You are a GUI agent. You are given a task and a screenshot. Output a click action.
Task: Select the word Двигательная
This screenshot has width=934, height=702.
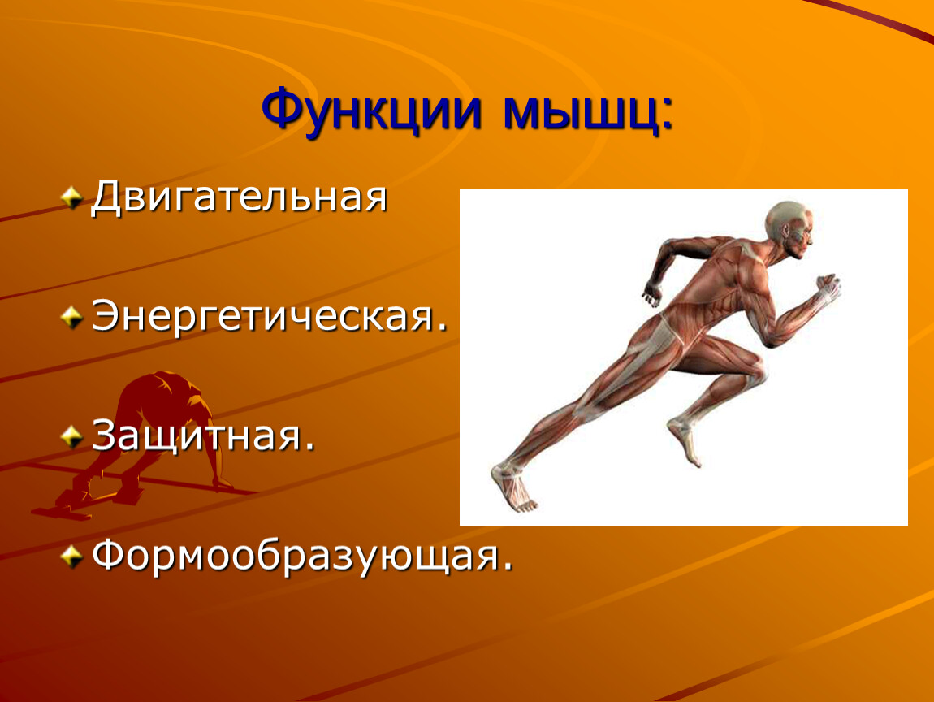[239, 197]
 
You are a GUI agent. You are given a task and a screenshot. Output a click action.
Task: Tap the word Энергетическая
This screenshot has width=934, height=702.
[263, 316]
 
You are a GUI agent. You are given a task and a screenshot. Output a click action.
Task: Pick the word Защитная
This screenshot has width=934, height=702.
[197, 435]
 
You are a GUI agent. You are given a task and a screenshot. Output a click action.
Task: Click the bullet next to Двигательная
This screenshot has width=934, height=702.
[71, 197]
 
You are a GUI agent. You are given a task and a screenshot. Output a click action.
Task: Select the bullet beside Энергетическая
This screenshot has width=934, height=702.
[71, 317]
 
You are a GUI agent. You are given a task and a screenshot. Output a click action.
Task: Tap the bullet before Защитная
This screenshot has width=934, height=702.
[71, 437]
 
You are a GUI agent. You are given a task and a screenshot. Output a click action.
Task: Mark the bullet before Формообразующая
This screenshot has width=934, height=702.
[71, 557]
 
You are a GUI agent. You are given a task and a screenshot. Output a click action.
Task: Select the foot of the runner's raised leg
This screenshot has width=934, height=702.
[685, 441]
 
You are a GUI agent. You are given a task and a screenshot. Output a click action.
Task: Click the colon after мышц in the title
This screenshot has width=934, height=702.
[668, 115]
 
